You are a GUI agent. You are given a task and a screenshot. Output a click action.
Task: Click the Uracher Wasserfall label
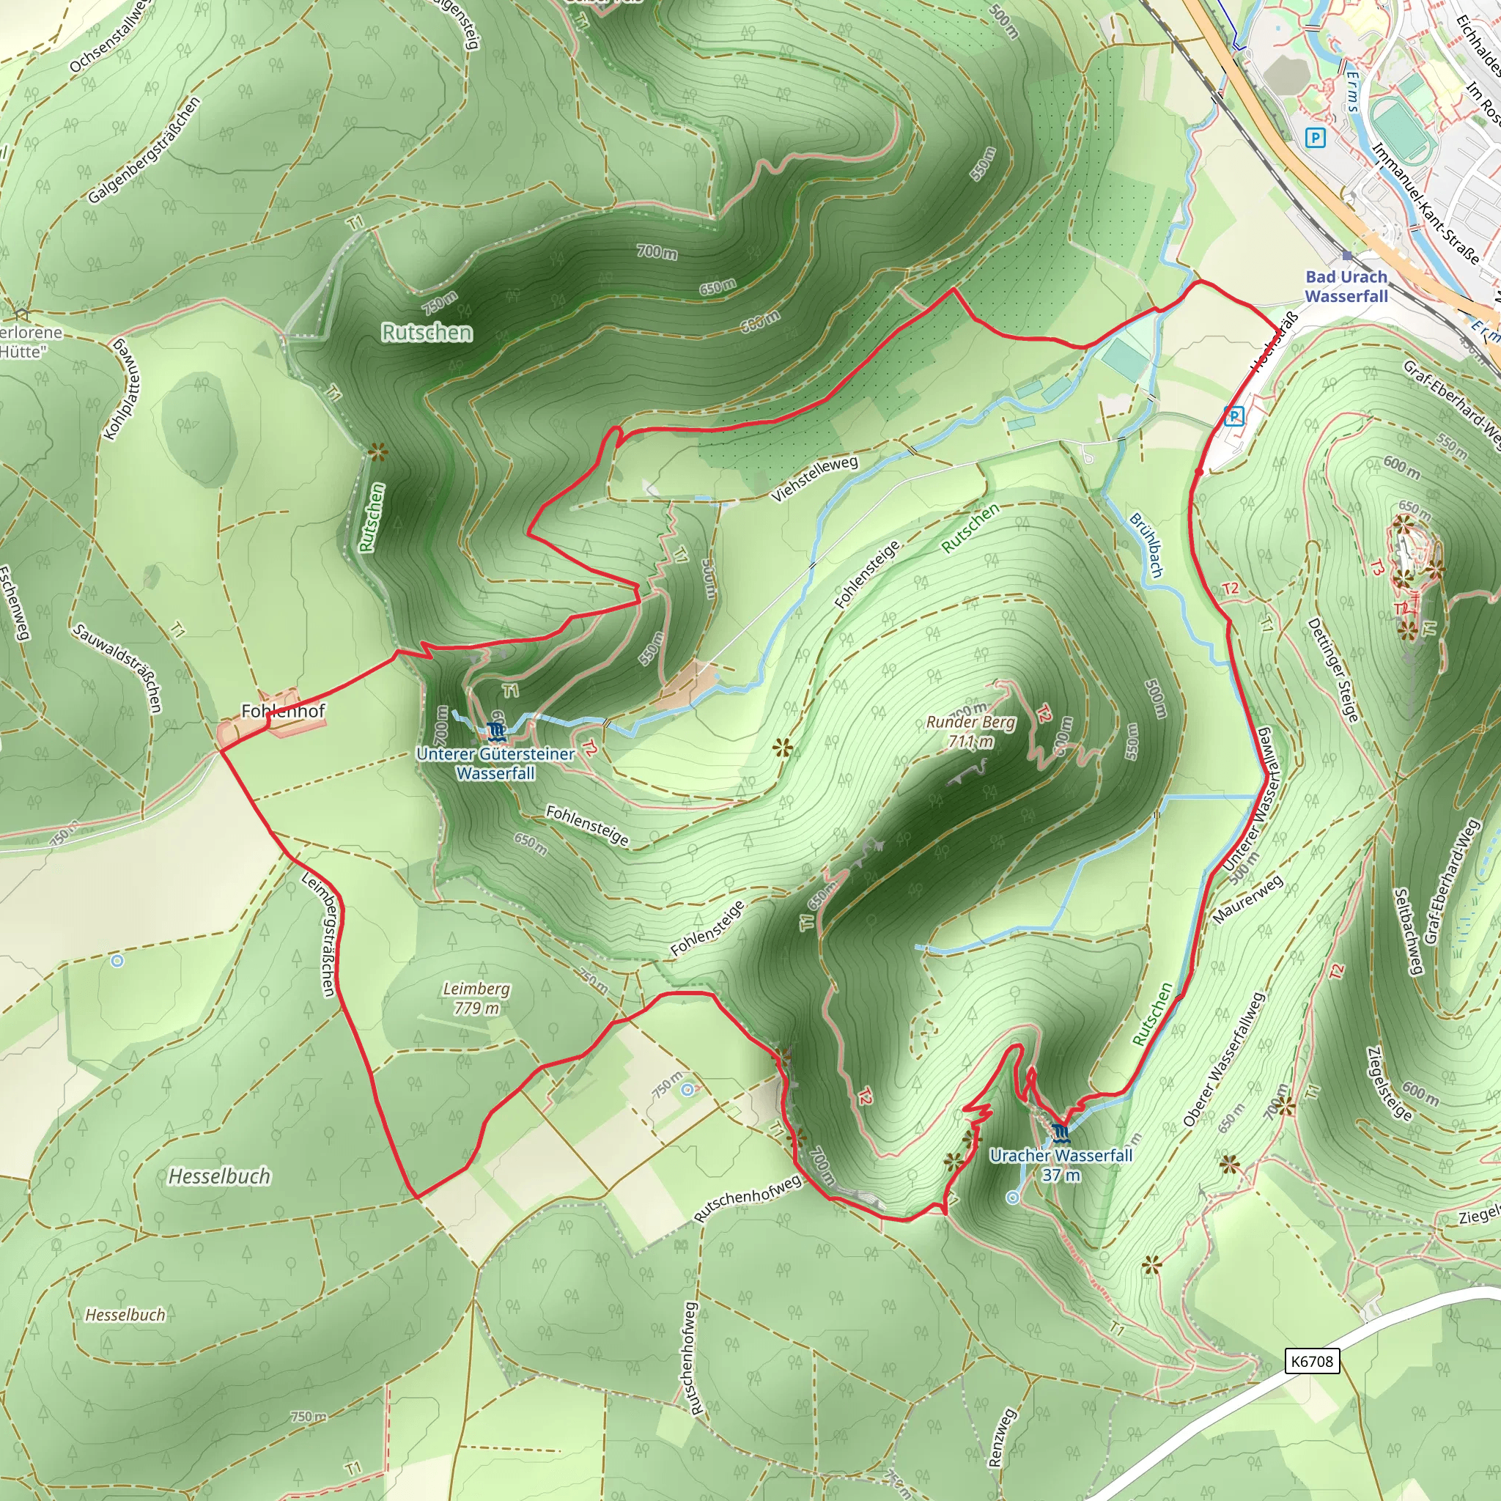[x=1061, y=1165]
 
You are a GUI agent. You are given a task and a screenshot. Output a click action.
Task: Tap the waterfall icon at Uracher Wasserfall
[x=1060, y=1131]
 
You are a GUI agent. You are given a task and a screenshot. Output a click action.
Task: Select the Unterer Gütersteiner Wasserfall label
[x=495, y=763]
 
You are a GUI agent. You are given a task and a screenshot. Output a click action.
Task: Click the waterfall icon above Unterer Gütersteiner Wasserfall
[x=495, y=731]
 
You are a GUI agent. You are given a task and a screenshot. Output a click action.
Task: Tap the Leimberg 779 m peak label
[x=476, y=998]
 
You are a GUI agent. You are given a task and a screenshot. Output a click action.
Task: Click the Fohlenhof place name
[x=283, y=711]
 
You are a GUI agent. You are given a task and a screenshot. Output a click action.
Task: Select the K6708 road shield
[x=1312, y=1361]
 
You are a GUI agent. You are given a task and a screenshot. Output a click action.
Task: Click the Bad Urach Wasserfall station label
[x=1346, y=287]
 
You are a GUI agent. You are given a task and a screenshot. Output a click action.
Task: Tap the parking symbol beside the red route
[x=1233, y=416]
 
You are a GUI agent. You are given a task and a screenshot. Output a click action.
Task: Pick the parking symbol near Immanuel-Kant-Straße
[x=1315, y=139]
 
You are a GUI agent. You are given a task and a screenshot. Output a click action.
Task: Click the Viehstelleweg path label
[x=816, y=479]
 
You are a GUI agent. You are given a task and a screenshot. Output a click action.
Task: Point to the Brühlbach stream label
[x=1147, y=545]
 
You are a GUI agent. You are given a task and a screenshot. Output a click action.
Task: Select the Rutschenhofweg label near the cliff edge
[x=747, y=1198]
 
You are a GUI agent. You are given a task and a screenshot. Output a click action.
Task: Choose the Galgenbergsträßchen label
[x=144, y=150]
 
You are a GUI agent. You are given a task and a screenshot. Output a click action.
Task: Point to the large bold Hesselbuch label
[x=220, y=1176]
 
